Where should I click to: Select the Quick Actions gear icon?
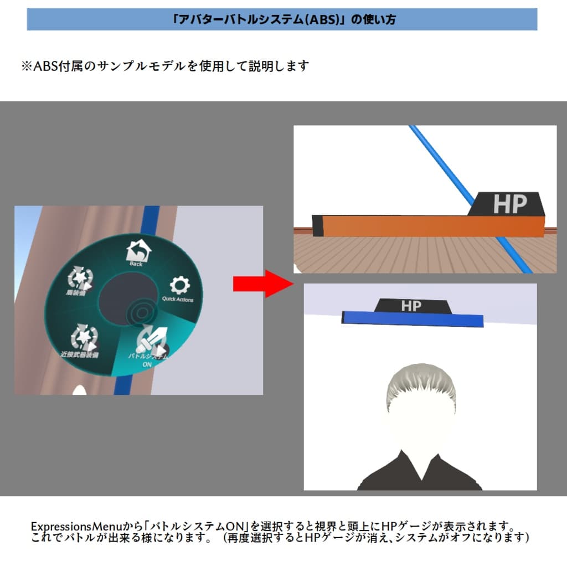point(178,286)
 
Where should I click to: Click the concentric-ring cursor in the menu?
point(141,313)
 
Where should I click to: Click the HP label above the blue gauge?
point(411,306)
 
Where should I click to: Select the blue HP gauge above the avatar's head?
point(413,319)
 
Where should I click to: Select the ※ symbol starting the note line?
point(27,66)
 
